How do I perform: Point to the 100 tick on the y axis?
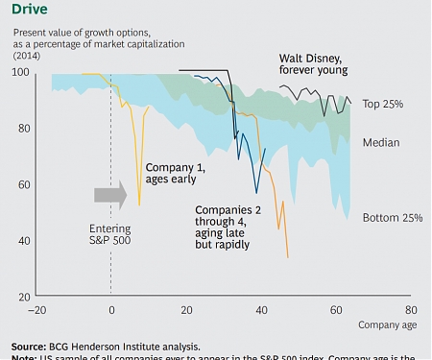pos(20,74)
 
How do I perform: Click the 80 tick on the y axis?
pos(22,129)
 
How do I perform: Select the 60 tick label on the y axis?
pos(22,185)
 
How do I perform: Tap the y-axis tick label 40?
pos(22,241)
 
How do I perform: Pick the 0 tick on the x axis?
pos(111,310)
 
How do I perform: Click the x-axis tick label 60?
pos(336,310)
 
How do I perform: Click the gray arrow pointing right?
pos(109,195)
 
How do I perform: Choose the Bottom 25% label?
pos(393,218)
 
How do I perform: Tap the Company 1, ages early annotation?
pos(175,173)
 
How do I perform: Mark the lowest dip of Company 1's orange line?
pos(140,204)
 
